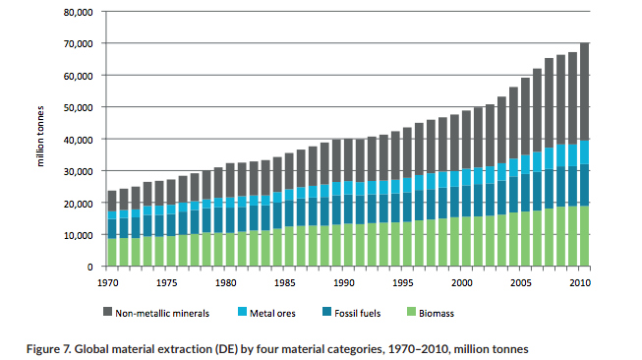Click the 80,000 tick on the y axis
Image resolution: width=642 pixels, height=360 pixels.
[79, 12]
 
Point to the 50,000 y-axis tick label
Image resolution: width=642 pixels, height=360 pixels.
[79, 107]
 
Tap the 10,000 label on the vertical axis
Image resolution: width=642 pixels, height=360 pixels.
[79, 234]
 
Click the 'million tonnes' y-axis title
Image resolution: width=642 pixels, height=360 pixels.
[42, 139]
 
